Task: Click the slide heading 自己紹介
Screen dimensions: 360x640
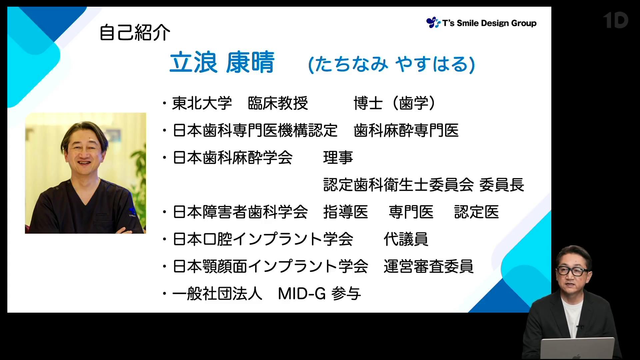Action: [135, 33]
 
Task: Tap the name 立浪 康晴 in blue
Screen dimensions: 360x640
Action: [222, 62]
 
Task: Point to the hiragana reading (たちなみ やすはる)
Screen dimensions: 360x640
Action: [391, 64]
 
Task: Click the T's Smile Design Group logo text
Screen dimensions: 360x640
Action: [489, 23]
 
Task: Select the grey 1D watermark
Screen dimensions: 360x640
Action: [615, 20]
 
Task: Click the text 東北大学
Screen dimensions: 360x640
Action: [202, 103]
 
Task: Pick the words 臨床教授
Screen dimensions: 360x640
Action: [278, 103]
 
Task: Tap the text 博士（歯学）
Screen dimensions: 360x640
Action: [395, 103]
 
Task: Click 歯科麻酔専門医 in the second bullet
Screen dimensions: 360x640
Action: [406, 130]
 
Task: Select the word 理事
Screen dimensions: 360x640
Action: [338, 158]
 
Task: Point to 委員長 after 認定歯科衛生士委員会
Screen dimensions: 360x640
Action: [501, 185]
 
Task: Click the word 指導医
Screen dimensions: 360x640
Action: [346, 212]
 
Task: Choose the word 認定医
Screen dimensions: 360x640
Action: [476, 212]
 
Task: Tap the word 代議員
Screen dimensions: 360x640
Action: [406, 239]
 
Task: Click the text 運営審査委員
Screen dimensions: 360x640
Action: [428, 266]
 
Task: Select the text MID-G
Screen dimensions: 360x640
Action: [302, 294]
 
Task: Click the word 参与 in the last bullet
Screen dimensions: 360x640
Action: [346, 294]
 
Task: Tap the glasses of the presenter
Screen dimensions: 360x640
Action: [572, 271]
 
